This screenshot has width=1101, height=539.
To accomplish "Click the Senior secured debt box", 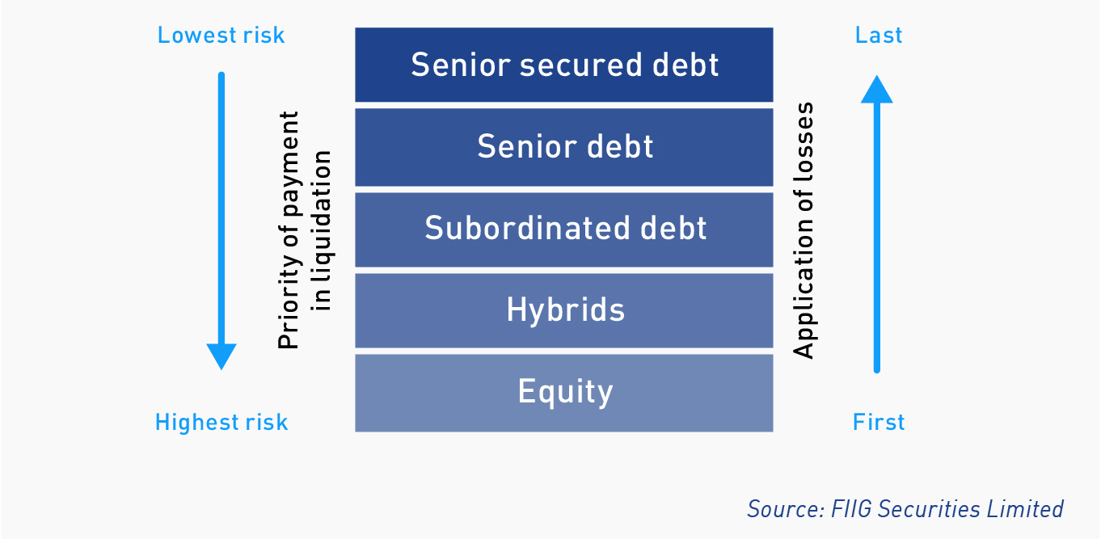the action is pyautogui.click(x=563, y=65).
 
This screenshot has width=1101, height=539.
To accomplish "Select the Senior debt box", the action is pyautogui.click(x=563, y=147).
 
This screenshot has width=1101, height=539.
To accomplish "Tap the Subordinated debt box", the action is pyautogui.click(x=563, y=230).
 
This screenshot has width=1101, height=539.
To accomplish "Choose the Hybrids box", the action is pyautogui.click(x=563, y=310).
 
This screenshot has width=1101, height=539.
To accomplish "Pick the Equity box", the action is pyautogui.click(x=563, y=393).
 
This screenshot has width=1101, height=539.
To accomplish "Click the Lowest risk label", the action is pyautogui.click(x=221, y=36).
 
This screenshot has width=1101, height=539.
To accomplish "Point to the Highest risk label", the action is pyautogui.click(x=221, y=423).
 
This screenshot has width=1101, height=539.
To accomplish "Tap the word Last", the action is pyautogui.click(x=879, y=36).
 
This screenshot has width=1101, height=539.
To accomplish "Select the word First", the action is pyautogui.click(x=879, y=423).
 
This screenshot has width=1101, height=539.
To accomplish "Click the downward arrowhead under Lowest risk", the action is pyautogui.click(x=221, y=356).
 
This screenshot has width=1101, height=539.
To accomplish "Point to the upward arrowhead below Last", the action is pyautogui.click(x=877, y=90).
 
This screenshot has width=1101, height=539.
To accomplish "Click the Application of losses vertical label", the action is pyautogui.click(x=804, y=230).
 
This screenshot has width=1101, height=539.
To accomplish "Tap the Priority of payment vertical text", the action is pyautogui.click(x=289, y=230).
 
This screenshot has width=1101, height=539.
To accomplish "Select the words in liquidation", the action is pyautogui.click(x=322, y=231).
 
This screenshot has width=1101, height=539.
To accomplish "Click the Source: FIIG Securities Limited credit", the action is pyautogui.click(x=905, y=509).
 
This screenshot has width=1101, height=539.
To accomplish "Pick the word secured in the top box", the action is pyautogui.click(x=581, y=65).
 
